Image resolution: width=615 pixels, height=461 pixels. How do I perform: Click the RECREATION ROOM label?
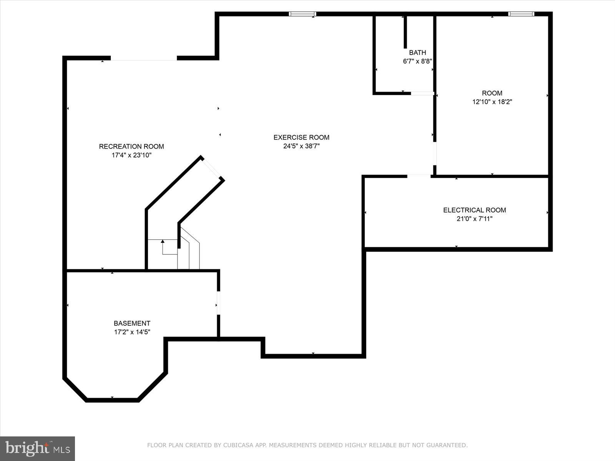point(131,146)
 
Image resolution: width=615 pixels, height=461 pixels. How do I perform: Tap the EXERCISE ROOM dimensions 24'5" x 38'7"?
point(301,146)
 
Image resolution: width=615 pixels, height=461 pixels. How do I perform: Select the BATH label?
point(417,53)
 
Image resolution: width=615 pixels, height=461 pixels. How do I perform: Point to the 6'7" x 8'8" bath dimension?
point(417,61)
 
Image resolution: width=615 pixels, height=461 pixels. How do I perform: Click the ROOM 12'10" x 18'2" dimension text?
point(492,102)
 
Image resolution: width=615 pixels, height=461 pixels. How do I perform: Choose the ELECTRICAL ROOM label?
point(474,210)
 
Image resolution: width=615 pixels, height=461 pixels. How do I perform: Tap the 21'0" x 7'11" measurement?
point(474,219)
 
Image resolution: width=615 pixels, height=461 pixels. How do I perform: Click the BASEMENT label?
point(132,323)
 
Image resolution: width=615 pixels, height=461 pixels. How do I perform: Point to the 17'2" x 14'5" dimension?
point(132,332)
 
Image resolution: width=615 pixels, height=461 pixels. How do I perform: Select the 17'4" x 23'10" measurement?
point(131,155)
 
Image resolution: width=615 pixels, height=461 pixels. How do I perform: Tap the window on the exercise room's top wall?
point(302,14)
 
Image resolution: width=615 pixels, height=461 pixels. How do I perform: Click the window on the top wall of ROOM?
point(521,14)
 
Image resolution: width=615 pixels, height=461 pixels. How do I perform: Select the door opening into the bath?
point(422,93)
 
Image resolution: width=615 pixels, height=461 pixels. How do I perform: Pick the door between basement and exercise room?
point(218,303)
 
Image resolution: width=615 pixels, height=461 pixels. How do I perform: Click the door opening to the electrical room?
point(419,176)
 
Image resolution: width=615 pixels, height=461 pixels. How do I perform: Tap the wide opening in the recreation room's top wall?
point(144,58)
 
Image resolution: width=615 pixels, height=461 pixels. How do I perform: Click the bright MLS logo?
point(37,448)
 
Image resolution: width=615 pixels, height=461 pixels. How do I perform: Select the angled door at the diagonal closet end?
point(212,168)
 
